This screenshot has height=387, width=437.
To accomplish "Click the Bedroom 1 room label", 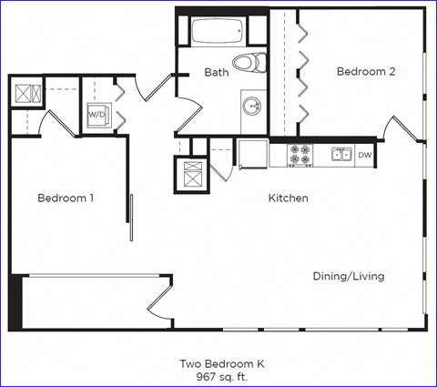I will pyautogui.click(x=66, y=198).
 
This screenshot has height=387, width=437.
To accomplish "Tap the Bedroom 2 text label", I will pyautogui.click(x=365, y=72).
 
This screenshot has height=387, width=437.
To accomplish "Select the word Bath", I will pyautogui.click(x=216, y=72).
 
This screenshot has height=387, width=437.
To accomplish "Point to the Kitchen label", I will pyautogui.click(x=288, y=198).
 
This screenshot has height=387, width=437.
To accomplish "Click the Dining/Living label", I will pyautogui.click(x=348, y=276).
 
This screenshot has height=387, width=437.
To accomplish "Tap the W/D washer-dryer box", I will pyautogui.click(x=97, y=115).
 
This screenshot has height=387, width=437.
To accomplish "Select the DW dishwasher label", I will pyautogui.click(x=364, y=156).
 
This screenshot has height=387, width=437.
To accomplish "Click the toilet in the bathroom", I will pyautogui.click(x=245, y=62).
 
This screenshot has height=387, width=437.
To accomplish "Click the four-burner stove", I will pyautogui.click(x=301, y=156).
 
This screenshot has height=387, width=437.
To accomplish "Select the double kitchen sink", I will pyautogui.click(x=341, y=156).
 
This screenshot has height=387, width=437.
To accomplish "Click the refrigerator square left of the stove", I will pyautogui.click(x=253, y=155).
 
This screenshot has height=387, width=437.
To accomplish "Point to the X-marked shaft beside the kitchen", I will pyautogui.click(x=192, y=172).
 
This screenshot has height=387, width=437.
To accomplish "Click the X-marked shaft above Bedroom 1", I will pyautogui.click(x=25, y=93).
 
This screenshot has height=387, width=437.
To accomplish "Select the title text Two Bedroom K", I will pyautogui.click(x=218, y=362).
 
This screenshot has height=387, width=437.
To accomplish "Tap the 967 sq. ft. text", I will pyautogui.click(x=218, y=375).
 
